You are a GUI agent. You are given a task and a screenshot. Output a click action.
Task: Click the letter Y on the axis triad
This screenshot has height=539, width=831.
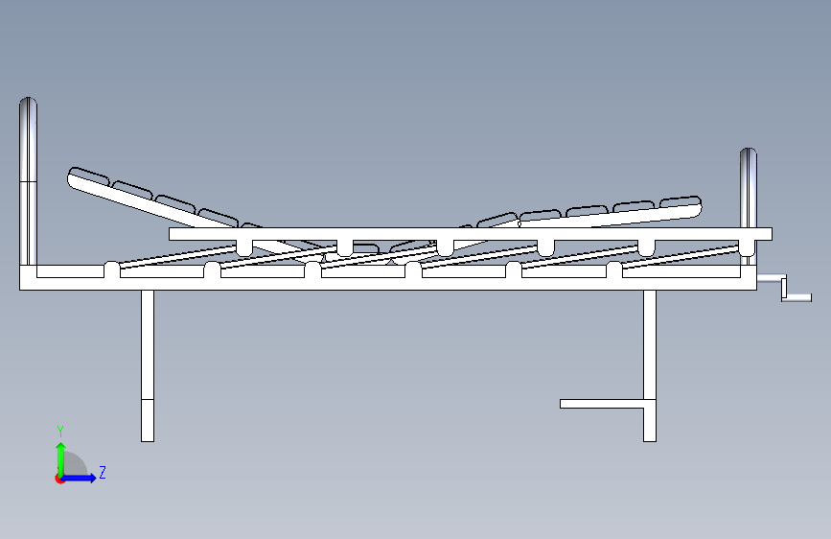click(x=60, y=431)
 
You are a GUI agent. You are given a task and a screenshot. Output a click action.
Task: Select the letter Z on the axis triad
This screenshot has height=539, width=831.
click(x=102, y=472)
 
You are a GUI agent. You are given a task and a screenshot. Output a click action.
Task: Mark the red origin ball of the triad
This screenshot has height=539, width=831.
click(x=59, y=479)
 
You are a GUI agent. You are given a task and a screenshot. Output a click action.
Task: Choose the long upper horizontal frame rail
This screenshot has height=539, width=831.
click(x=470, y=233)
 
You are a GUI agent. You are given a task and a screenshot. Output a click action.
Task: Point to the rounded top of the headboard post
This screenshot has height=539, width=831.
click(x=29, y=103)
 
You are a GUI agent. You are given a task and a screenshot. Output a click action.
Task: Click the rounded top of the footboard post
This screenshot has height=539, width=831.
click(x=748, y=153)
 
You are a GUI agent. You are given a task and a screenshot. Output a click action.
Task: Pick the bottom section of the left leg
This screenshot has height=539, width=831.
click(x=148, y=420)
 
